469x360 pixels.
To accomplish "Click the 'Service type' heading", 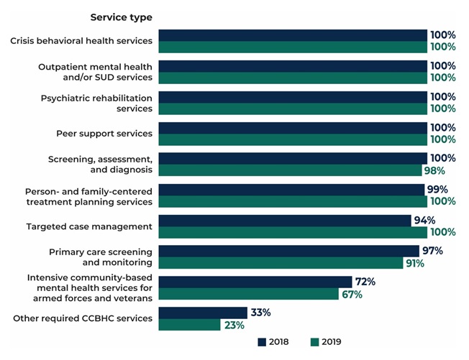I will (121, 17).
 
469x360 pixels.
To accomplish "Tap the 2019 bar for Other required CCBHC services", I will (189, 325).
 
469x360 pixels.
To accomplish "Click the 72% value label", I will (365, 282).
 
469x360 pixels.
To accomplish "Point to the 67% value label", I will (352, 294).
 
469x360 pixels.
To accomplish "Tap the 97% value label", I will (432, 251).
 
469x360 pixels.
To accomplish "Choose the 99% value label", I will (437, 189).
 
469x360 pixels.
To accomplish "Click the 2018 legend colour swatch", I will (262, 342).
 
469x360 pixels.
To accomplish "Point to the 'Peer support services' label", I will (104, 134).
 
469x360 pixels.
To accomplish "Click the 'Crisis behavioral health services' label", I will (81, 41).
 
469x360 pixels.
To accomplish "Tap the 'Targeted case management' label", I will (89, 226).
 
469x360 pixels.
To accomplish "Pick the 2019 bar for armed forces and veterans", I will (248, 294).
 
